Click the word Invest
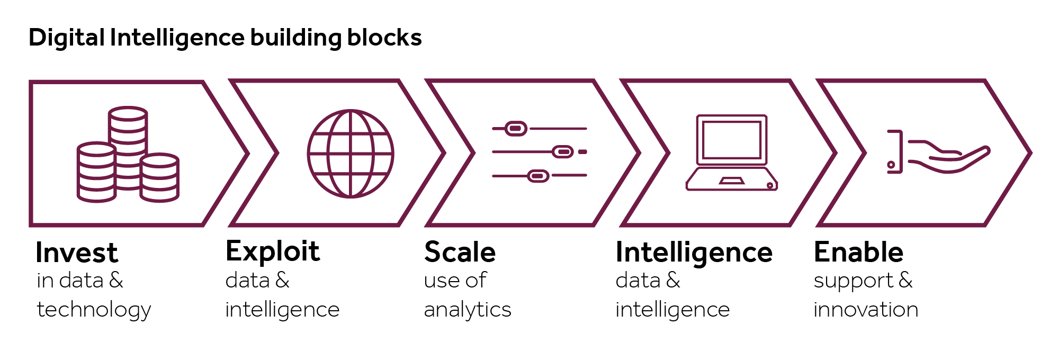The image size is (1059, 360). (76, 253)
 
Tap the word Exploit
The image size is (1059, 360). (273, 251)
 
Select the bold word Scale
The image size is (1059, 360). (460, 252)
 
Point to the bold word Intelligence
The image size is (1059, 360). (694, 253)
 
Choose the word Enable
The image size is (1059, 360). (858, 252)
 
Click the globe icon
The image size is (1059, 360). (351, 154)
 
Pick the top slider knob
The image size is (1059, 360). (515, 129)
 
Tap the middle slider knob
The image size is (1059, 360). (562, 152)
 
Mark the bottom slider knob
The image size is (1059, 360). (538, 176)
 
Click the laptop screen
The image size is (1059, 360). (731, 140)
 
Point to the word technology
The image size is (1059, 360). (94, 310)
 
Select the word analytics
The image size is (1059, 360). (468, 310)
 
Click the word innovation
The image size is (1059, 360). (866, 310)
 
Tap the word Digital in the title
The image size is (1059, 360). (67, 38)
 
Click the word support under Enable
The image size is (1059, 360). (853, 281)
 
